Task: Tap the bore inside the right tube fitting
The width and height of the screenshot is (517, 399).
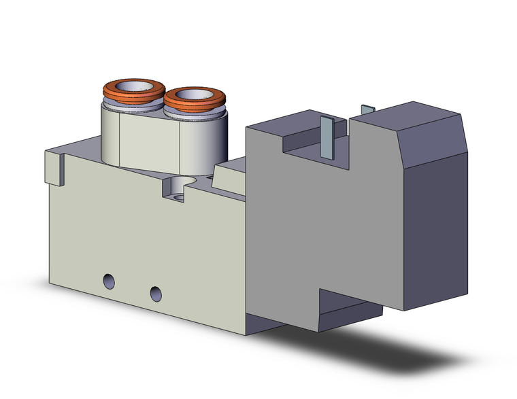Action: tap(195, 94)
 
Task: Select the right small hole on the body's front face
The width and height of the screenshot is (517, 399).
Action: tap(156, 293)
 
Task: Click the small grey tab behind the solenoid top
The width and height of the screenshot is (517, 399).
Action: tap(368, 109)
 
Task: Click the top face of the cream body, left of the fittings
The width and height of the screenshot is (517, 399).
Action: tap(78, 148)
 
